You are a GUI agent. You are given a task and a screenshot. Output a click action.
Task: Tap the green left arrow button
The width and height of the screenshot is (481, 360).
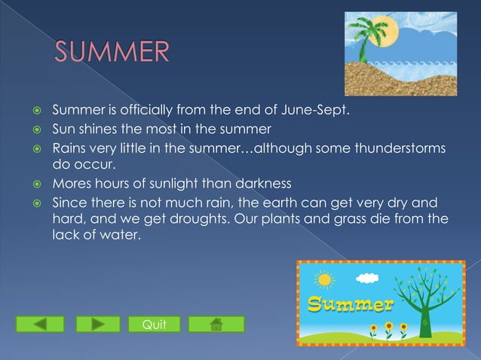(40, 324)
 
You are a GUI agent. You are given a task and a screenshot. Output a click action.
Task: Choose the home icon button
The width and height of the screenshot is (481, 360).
(216, 324)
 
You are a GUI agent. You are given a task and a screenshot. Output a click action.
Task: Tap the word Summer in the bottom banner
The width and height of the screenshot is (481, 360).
(349, 305)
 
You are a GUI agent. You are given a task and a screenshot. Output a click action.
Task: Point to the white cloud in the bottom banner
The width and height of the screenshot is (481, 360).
(366, 278)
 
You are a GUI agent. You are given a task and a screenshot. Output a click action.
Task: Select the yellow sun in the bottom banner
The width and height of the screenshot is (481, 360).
(325, 280)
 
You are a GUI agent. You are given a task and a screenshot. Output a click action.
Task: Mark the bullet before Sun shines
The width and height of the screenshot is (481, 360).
(34, 130)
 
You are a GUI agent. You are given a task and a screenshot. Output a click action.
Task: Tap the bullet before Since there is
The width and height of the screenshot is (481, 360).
(34, 203)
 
